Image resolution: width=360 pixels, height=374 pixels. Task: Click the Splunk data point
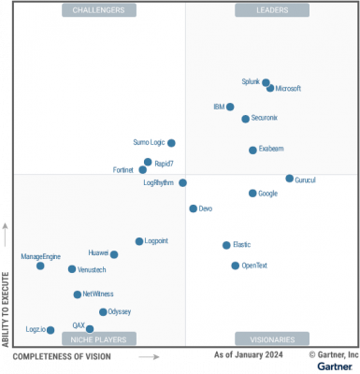click(x=266, y=82)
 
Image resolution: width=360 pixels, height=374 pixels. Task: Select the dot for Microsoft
click(x=270, y=88)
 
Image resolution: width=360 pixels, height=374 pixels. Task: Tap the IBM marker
click(x=230, y=107)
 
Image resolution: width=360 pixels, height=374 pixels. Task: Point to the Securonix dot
click(x=245, y=119)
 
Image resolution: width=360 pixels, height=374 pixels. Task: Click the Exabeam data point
click(x=252, y=150)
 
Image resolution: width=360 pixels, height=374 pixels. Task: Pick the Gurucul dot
click(x=289, y=178)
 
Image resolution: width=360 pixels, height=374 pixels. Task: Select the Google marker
click(x=252, y=193)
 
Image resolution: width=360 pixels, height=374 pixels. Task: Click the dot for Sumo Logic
click(x=171, y=143)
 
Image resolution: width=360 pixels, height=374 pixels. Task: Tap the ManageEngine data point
click(x=40, y=266)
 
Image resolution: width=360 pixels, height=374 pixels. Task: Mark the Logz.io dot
click(x=50, y=329)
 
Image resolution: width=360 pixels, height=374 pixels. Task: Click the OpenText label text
click(x=254, y=266)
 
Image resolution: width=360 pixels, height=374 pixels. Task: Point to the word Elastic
click(x=241, y=245)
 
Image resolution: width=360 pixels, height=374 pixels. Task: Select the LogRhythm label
click(x=159, y=182)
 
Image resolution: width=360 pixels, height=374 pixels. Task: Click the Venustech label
click(x=92, y=269)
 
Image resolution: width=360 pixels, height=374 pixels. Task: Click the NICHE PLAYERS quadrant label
click(x=99, y=338)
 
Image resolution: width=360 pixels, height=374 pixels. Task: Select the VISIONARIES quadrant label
click(x=271, y=338)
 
